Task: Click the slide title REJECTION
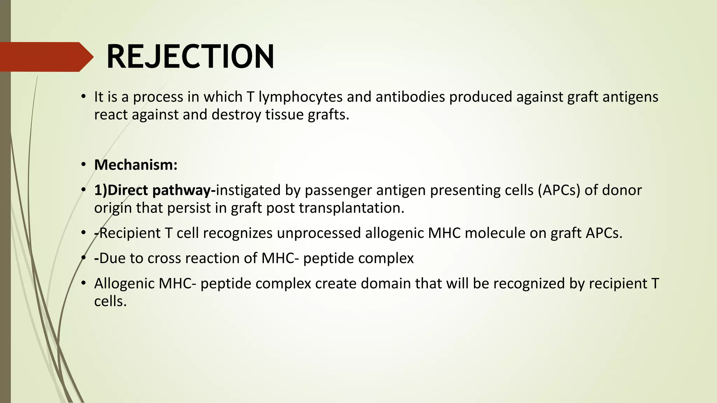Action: tap(190, 57)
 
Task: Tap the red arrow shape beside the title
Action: tap(46, 57)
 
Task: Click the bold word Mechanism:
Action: tap(136, 165)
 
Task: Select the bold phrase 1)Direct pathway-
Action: tap(154, 190)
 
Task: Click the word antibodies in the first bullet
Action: tap(410, 97)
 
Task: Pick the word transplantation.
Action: tap(351, 208)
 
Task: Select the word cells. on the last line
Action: tap(110, 301)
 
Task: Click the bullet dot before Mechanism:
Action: tap(83, 165)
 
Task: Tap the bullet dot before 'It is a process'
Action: tap(83, 97)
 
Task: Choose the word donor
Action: tap(622, 190)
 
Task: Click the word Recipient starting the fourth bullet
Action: tap(130, 233)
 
